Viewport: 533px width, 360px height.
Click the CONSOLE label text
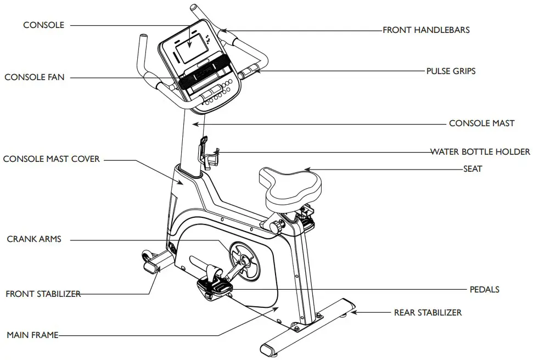tap(43, 25)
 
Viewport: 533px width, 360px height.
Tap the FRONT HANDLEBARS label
tap(426, 30)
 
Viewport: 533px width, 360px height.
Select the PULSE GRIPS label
tap(451, 71)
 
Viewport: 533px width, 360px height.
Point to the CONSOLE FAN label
tap(34, 77)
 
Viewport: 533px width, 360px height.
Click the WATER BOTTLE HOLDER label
tap(480, 151)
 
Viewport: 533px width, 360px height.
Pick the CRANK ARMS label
tap(34, 239)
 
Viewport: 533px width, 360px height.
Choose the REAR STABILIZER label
tap(428, 313)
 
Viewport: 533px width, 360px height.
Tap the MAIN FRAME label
tap(32, 335)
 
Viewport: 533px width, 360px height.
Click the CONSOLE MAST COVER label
tap(52, 159)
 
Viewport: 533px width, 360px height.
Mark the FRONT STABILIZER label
tap(43, 294)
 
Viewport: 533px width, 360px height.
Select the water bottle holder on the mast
tap(208, 154)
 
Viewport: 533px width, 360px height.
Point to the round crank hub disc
tap(245, 260)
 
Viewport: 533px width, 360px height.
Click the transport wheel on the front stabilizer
tap(147, 256)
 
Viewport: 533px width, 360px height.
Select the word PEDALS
tap(485, 289)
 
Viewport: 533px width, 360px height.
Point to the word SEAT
tap(472, 169)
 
